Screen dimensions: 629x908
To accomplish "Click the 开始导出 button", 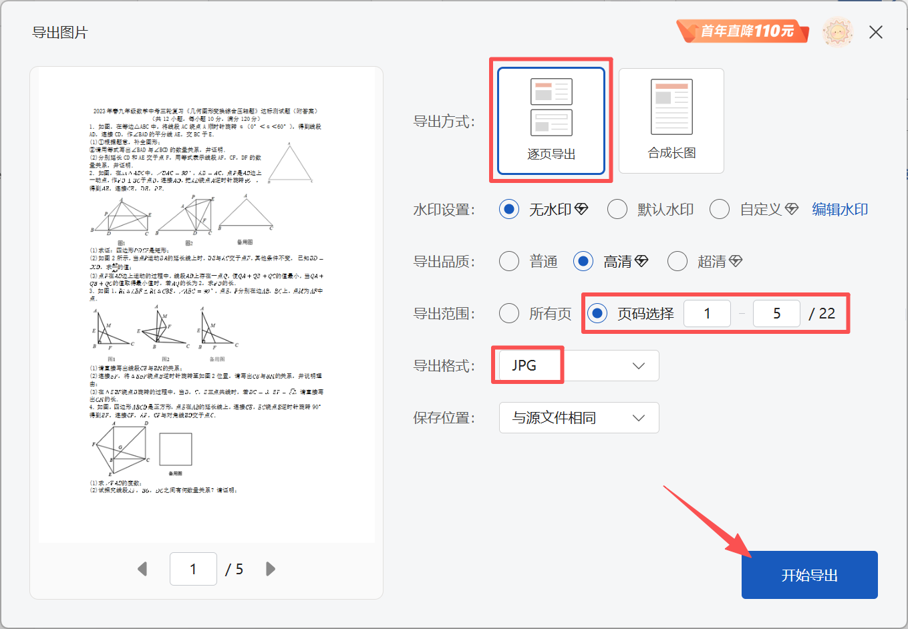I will pyautogui.click(x=809, y=575).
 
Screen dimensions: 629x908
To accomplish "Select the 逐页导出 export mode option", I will pyautogui.click(x=551, y=121).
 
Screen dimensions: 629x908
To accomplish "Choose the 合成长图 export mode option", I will pyautogui.click(x=671, y=121).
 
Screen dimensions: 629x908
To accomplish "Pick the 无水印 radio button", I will pyautogui.click(x=509, y=210).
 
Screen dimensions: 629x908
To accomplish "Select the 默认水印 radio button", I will pyautogui.click(x=617, y=210).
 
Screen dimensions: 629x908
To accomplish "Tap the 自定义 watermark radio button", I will pyautogui.click(x=719, y=210).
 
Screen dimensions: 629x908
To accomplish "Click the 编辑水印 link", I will pyautogui.click(x=840, y=210).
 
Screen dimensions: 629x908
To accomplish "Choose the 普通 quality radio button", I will pyautogui.click(x=509, y=261).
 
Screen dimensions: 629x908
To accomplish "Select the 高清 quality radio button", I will pyautogui.click(x=583, y=261).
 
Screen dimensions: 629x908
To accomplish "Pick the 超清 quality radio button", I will pyautogui.click(x=677, y=261).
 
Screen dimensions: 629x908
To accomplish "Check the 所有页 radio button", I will pyautogui.click(x=509, y=313).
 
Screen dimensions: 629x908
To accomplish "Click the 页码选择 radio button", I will pyautogui.click(x=597, y=313).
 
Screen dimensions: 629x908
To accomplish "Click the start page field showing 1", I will pyautogui.click(x=707, y=314).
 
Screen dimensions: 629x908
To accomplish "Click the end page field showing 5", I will pyautogui.click(x=776, y=314).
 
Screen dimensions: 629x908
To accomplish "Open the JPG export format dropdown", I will pyautogui.click(x=579, y=366).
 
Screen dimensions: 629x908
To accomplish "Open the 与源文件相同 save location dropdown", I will pyautogui.click(x=579, y=418).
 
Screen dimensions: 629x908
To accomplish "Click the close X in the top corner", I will pyautogui.click(x=876, y=32).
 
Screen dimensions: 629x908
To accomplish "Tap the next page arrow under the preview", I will pyautogui.click(x=271, y=569).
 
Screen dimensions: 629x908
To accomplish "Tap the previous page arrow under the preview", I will pyautogui.click(x=142, y=569).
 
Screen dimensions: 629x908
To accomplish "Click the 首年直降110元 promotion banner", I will pyautogui.click(x=743, y=31).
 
